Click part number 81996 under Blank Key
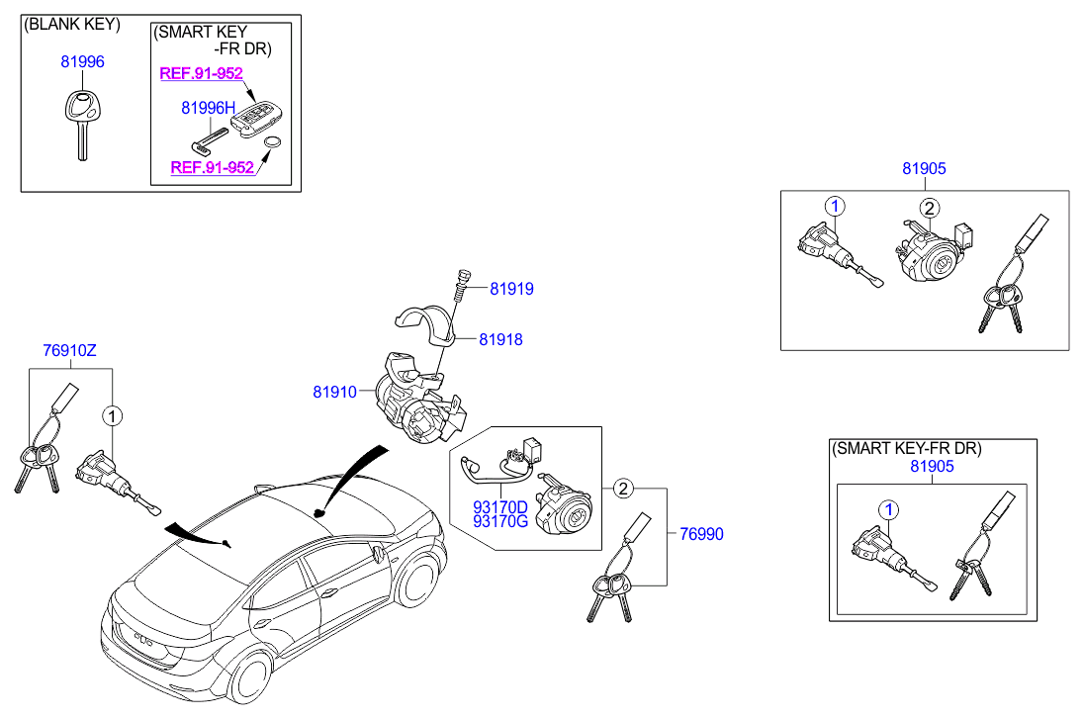[82, 61]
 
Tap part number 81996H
[208, 108]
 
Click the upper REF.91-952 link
[201, 73]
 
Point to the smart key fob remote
[256, 120]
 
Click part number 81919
[511, 289]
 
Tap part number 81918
[500, 339]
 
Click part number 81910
[334, 392]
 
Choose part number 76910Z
[70, 350]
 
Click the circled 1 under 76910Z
[112, 416]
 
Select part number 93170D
[499, 508]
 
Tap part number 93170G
[499, 521]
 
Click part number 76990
[701, 534]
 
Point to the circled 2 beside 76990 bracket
[623, 489]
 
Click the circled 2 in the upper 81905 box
[930, 208]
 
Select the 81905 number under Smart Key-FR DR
[932, 466]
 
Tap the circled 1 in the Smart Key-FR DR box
[889, 510]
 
